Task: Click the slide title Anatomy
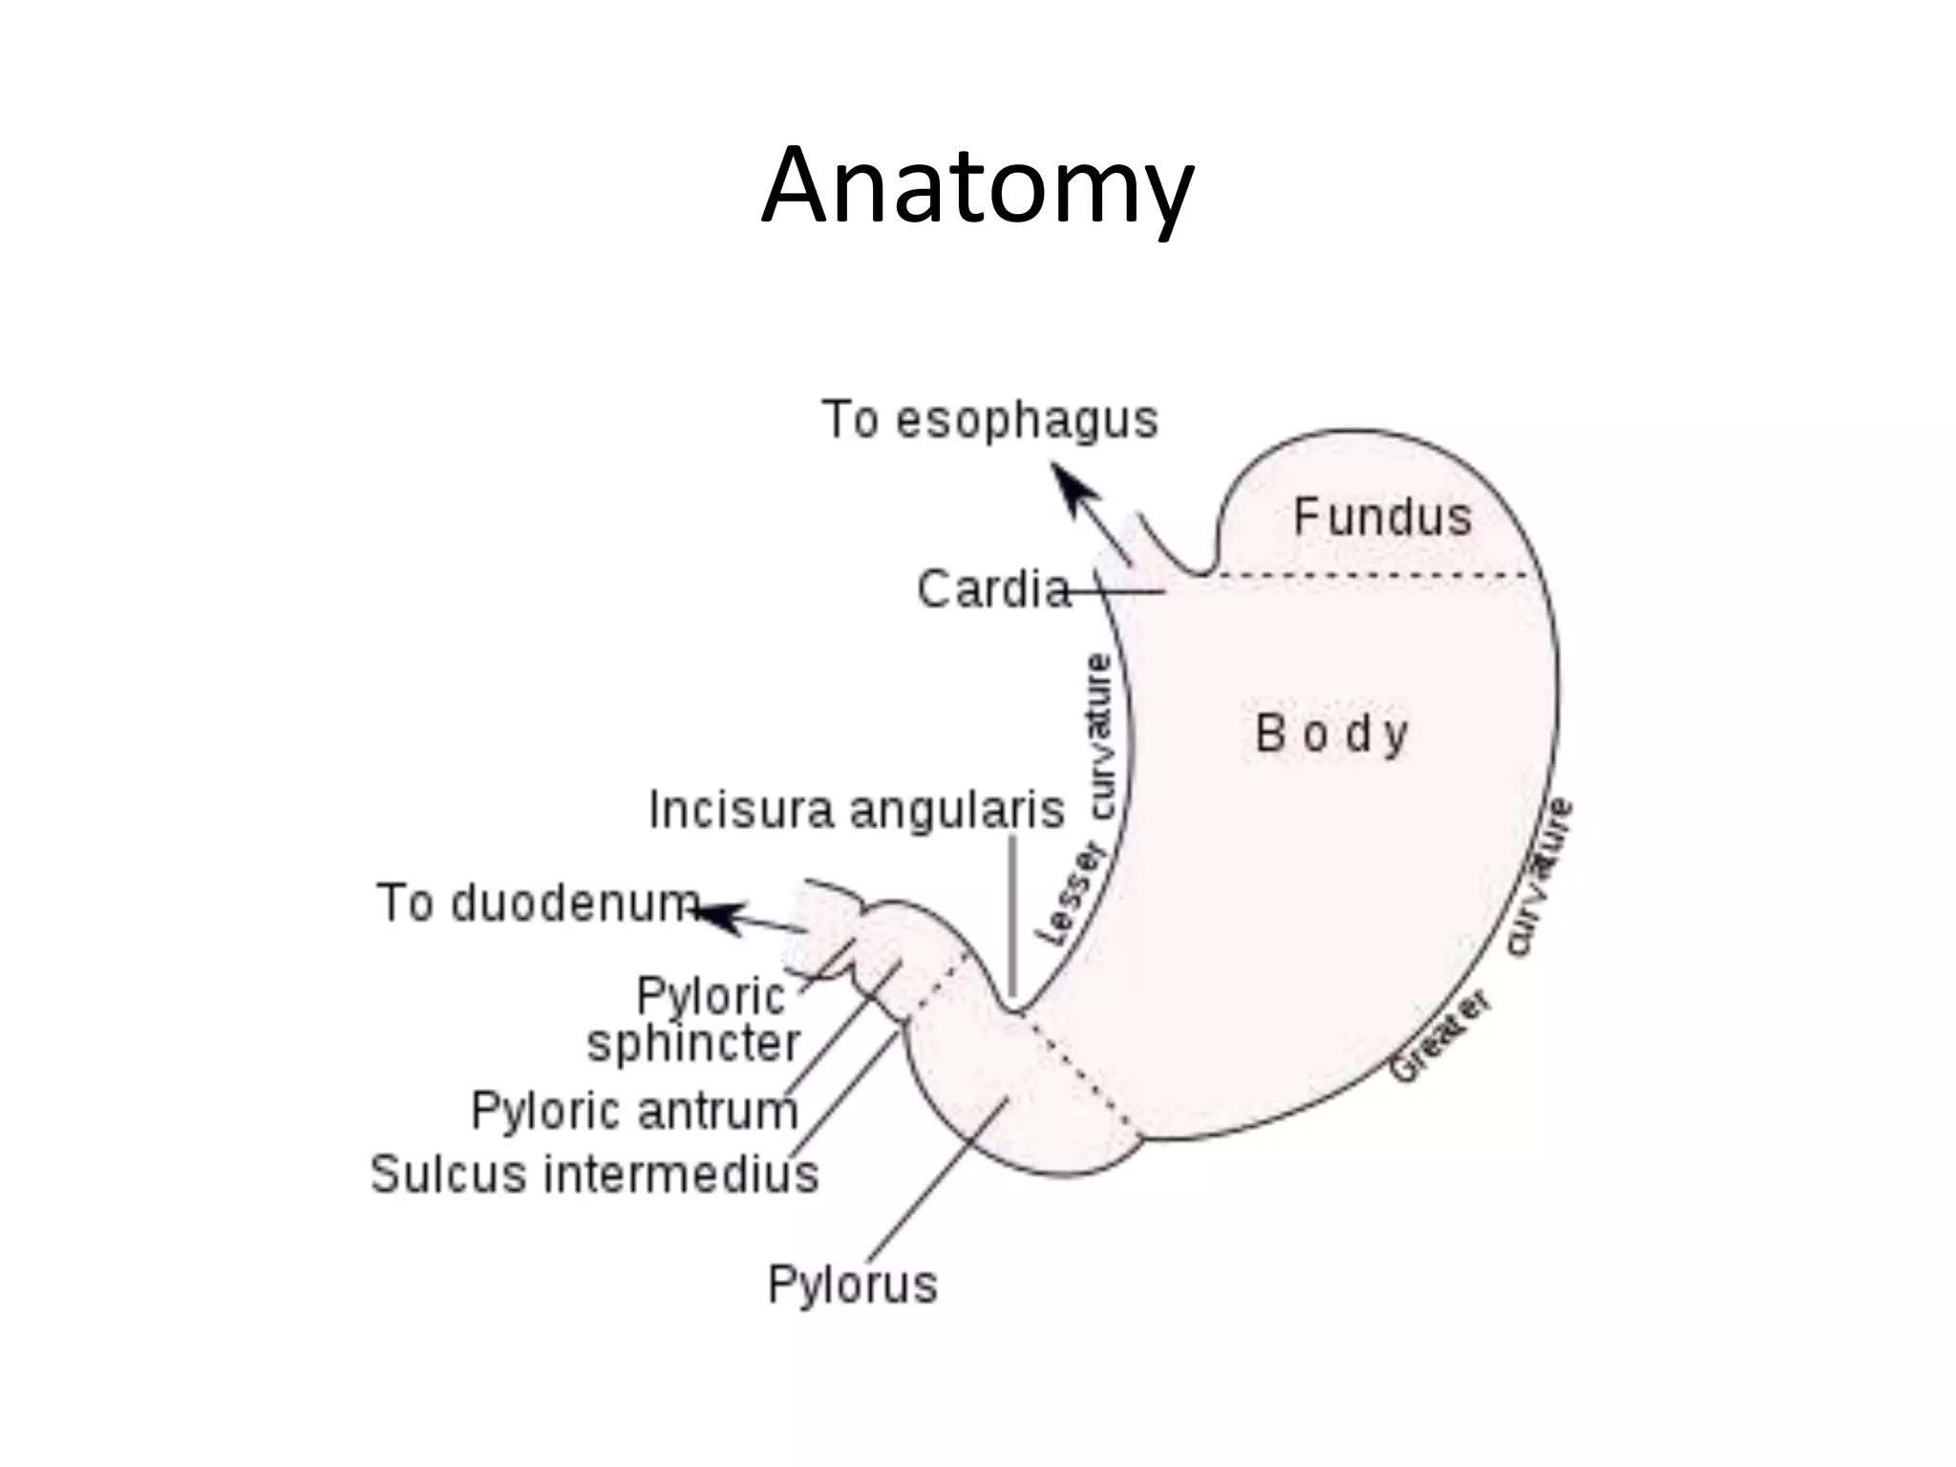(x=977, y=188)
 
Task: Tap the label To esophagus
(x=989, y=420)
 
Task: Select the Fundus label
(x=1383, y=517)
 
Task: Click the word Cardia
(x=993, y=588)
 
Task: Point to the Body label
(x=1331, y=734)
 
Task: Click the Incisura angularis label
(x=857, y=810)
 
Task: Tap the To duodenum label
(x=539, y=903)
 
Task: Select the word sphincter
(x=693, y=1043)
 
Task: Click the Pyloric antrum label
(x=634, y=1111)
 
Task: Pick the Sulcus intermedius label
(x=594, y=1174)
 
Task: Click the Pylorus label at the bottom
(x=852, y=1285)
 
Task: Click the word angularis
(x=956, y=810)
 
